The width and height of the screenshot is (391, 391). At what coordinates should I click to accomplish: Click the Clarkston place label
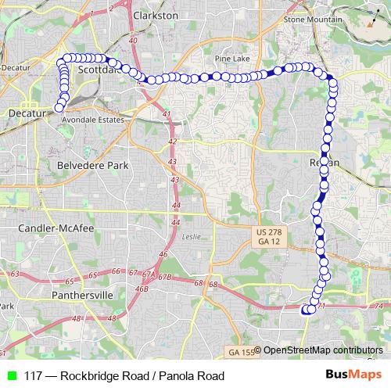(x=156, y=15)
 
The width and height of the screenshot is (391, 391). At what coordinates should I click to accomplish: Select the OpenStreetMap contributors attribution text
(x=322, y=350)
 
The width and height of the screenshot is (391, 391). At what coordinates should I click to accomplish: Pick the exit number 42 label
(x=172, y=141)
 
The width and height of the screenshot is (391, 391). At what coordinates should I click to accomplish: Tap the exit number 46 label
(x=163, y=254)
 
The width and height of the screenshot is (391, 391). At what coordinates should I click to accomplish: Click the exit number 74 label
(x=378, y=305)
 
